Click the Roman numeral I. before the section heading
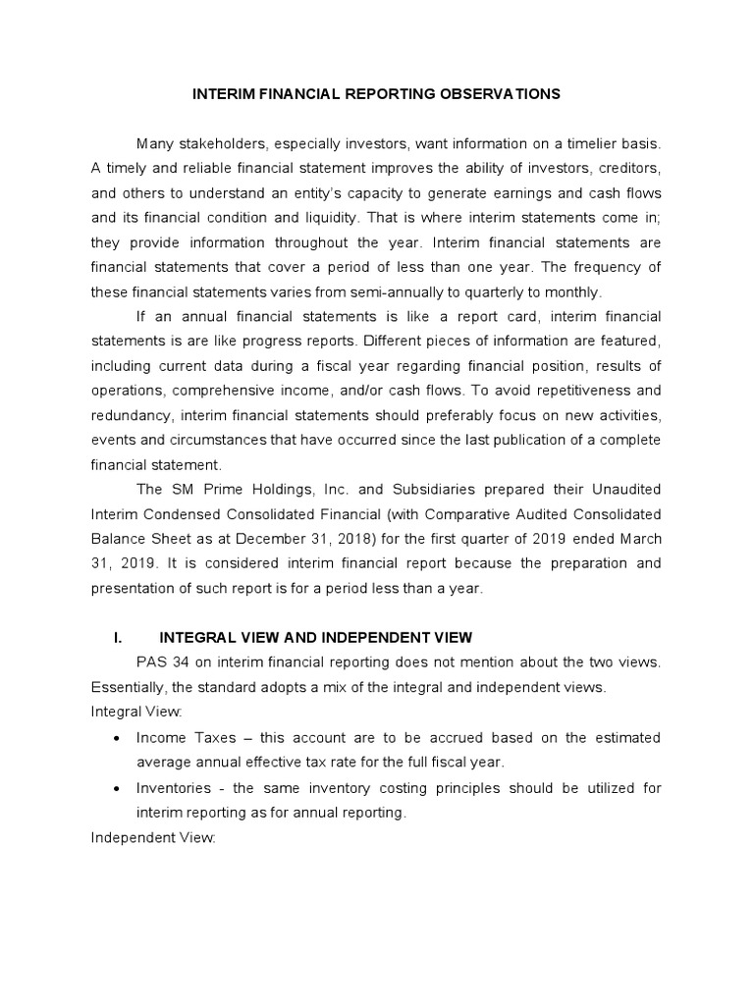tap(118, 637)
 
